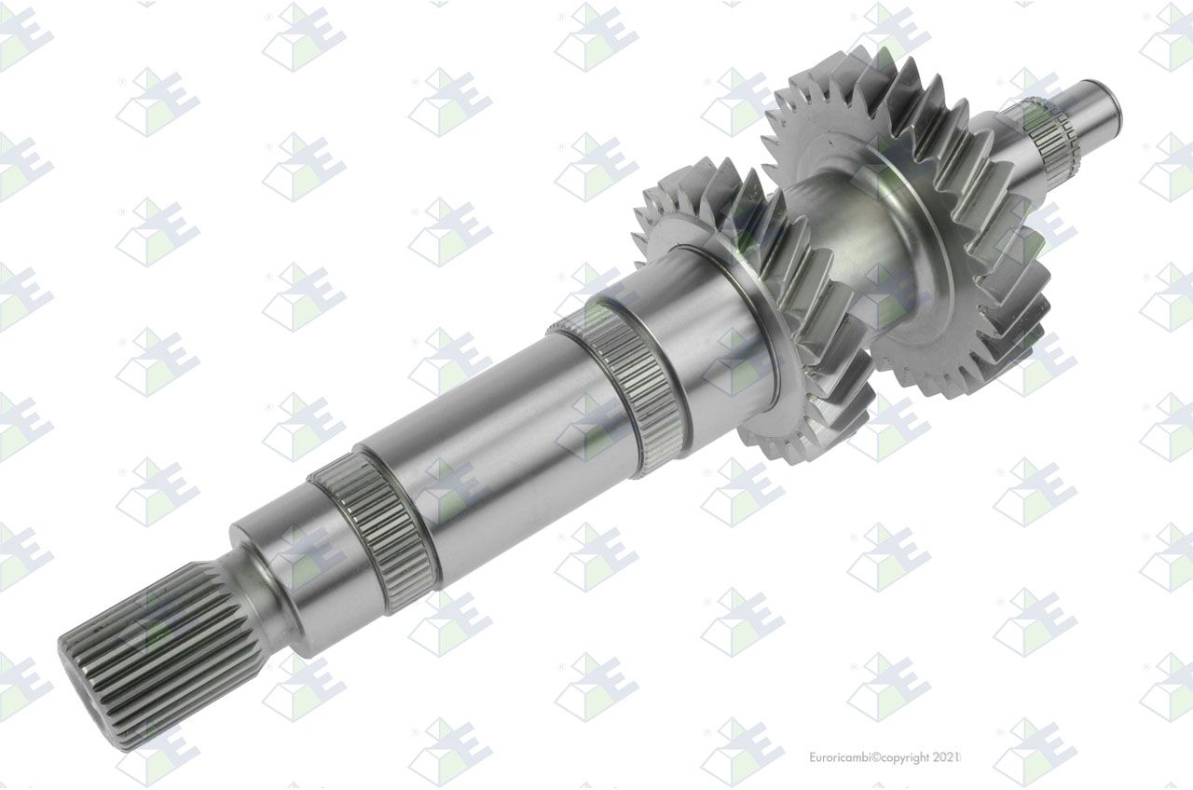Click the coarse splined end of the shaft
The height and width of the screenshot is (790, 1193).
click(155, 655)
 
